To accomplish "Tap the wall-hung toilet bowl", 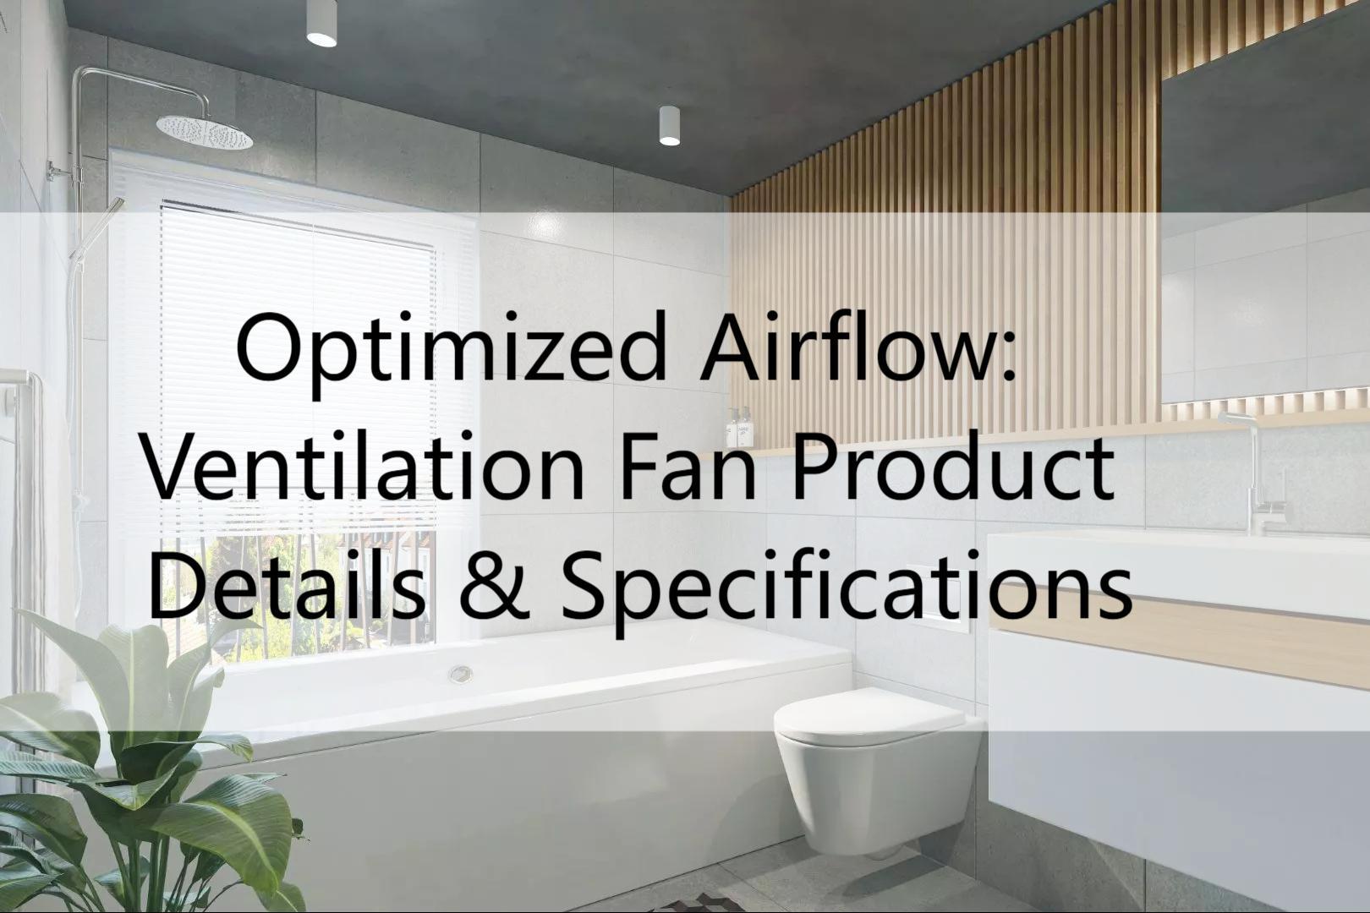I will [x=871, y=752].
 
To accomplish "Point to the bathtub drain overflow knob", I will [x=461, y=674].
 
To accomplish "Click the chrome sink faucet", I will [x=1260, y=473].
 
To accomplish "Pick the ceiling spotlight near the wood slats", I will [x=670, y=127].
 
